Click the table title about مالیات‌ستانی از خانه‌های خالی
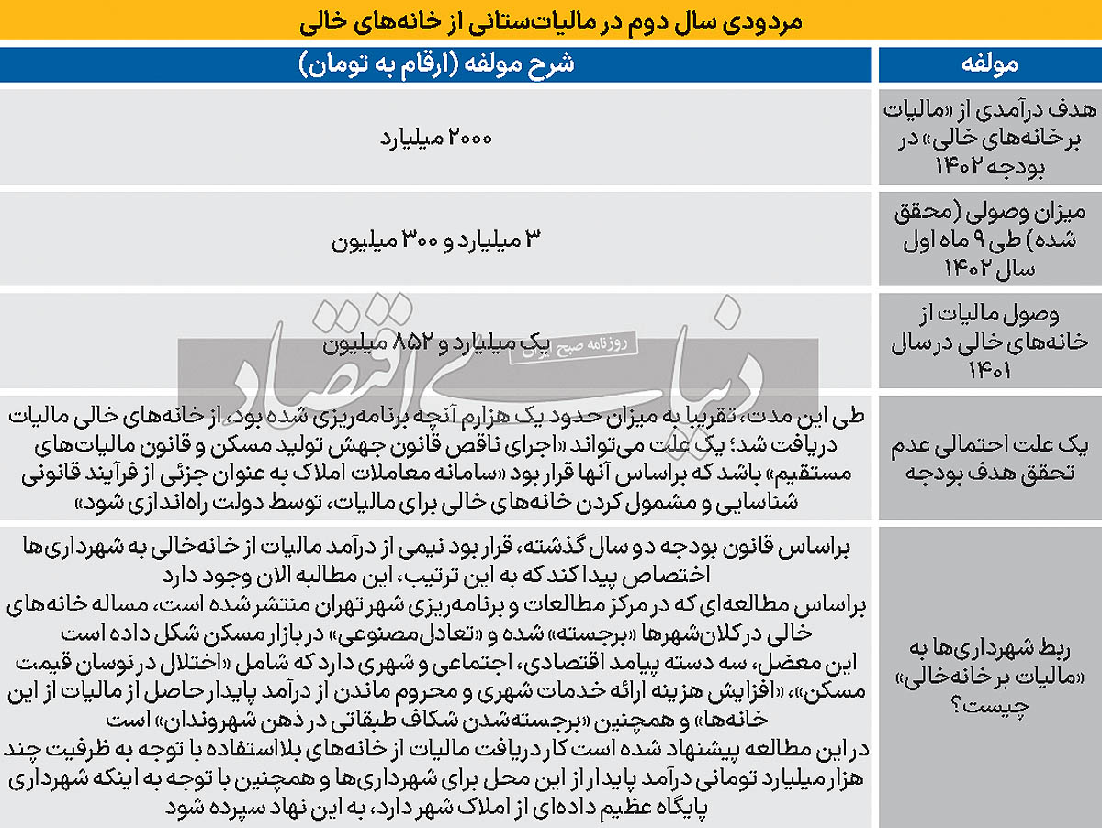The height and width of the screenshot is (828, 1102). click(x=551, y=21)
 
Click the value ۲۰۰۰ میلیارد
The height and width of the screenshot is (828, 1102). click(x=436, y=140)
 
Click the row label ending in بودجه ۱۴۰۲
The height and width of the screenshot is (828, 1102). click(x=989, y=140)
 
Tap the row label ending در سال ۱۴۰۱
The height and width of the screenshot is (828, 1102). click(x=989, y=341)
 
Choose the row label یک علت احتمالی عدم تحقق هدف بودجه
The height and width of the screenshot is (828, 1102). click(x=989, y=458)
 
